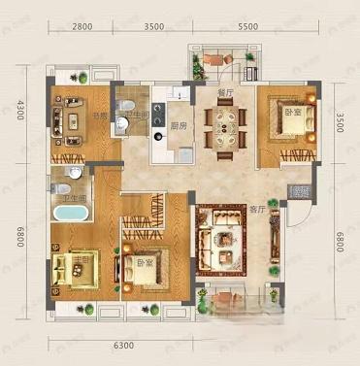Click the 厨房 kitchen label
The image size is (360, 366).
click(x=180, y=124)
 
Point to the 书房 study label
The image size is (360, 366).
click(x=100, y=115)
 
